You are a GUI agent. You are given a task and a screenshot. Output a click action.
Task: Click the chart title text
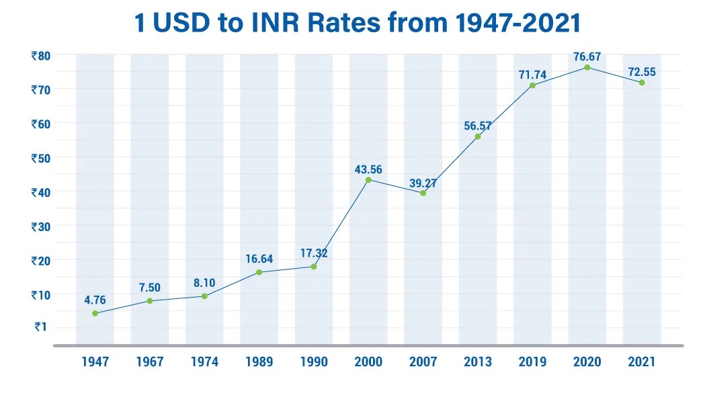[357, 23]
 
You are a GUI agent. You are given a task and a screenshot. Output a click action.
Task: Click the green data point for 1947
[95, 313]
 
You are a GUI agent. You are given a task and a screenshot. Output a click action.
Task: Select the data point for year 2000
[368, 179]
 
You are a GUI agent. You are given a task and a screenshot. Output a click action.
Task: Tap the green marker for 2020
[587, 67]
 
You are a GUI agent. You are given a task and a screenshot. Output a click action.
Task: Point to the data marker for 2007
[423, 193]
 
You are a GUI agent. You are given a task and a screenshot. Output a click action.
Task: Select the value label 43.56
[368, 169]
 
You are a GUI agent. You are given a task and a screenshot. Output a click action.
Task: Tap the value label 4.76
[95, 301]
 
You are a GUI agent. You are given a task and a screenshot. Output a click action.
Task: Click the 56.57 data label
[478, 125]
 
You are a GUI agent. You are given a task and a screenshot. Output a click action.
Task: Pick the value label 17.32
[313, 255]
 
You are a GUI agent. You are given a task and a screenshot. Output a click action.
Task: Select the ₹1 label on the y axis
[42, 328]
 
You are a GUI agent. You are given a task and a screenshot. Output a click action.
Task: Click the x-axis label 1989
[259, 362]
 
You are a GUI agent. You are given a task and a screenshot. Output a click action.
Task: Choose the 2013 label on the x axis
[478, 362]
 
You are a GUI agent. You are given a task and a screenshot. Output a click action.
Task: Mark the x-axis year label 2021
[642, 362]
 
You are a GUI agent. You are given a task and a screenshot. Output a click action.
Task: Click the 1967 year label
[149, 362]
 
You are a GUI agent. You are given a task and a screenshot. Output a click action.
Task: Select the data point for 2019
[532, 85]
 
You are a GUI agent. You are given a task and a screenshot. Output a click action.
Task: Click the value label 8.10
[204, 283]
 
